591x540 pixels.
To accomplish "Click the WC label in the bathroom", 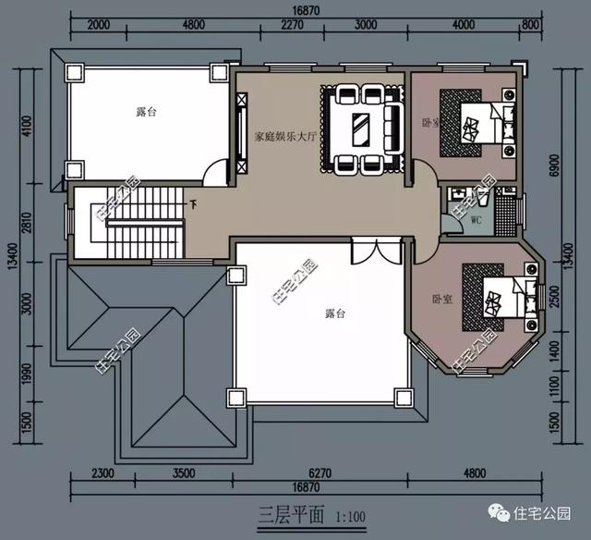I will coord(476,221).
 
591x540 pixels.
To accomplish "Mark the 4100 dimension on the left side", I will coord(27,124).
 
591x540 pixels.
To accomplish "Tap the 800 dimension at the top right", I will coord(529,25).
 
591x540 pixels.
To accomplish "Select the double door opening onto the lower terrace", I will coord(365,252).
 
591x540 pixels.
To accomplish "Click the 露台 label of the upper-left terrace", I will coord(146,111).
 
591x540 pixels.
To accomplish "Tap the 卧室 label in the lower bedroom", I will coord(441,299).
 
